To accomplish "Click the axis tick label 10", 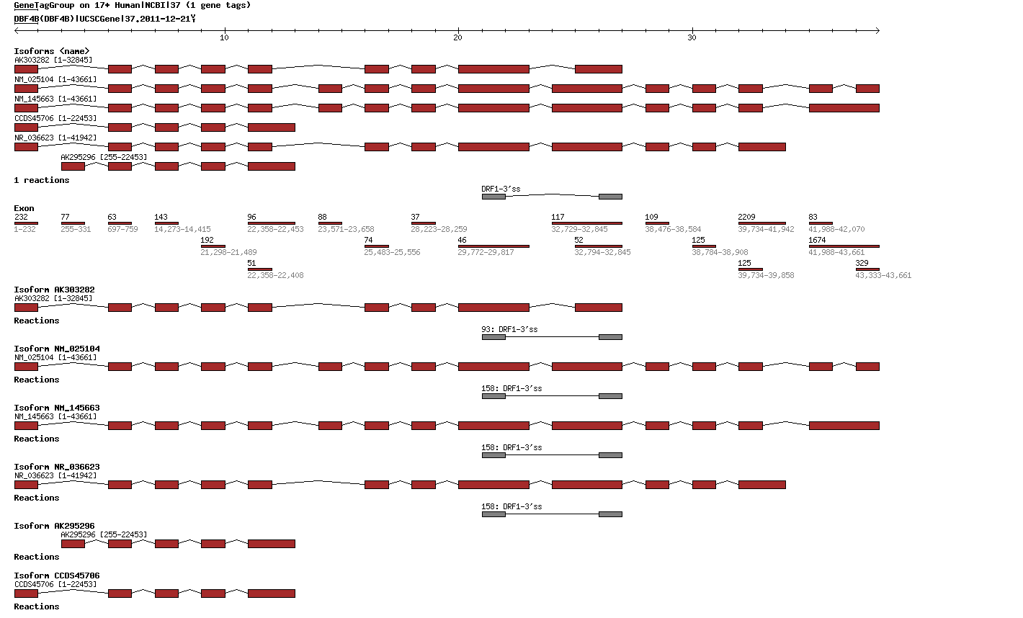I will [x=224, y=37].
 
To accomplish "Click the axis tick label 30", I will [x=692, y=37].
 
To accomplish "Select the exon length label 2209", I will [x=746, y=217].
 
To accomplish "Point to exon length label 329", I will [x=862, y=263].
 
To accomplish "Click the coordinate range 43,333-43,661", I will [x=883, y=275].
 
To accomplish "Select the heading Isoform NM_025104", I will [x=57, y=349].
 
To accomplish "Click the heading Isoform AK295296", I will [x=54, y=526].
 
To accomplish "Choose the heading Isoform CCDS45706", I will [x=57, y=576].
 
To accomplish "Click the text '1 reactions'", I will [x=42, y=180].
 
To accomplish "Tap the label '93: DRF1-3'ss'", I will [x=509, y=329].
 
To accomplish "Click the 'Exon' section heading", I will [x=24, y=208].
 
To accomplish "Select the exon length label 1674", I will [x=817, y=240].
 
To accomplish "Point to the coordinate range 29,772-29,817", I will [x=486, y=252].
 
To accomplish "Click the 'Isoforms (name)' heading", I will [x=52, y=51].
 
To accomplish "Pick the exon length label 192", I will [x=207, y=240].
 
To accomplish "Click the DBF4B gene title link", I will [x=27, y=19].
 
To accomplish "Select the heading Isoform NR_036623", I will [x=57, y=467].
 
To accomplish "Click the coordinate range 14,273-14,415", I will [x=182, y=229].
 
